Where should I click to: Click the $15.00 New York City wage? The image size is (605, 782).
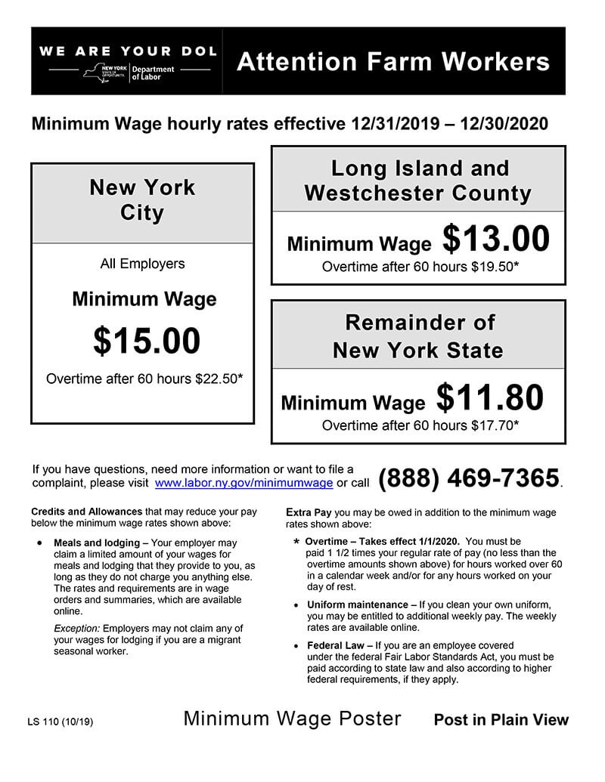(147, 341)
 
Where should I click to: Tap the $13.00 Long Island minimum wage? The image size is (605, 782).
(495, 240)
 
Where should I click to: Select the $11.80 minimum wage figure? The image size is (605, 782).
(490, 397)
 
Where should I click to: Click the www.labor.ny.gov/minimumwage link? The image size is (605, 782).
(244, 483)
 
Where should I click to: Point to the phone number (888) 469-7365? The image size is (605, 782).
(468, 478)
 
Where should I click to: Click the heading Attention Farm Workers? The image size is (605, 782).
(392, 61)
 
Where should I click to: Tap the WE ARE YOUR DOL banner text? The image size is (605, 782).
(128, 51)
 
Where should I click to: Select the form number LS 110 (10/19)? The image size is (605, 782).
(60, 721)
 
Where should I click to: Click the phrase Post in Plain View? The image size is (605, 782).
(501, 720)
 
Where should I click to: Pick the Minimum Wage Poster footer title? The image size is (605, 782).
(292, 719)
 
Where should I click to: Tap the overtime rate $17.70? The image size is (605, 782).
(492, 425)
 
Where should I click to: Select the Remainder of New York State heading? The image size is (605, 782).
(418, 336)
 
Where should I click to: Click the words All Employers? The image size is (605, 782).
(142, 264)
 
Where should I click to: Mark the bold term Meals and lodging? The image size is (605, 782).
(97, 543)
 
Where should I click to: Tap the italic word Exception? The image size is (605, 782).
(76, 629)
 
